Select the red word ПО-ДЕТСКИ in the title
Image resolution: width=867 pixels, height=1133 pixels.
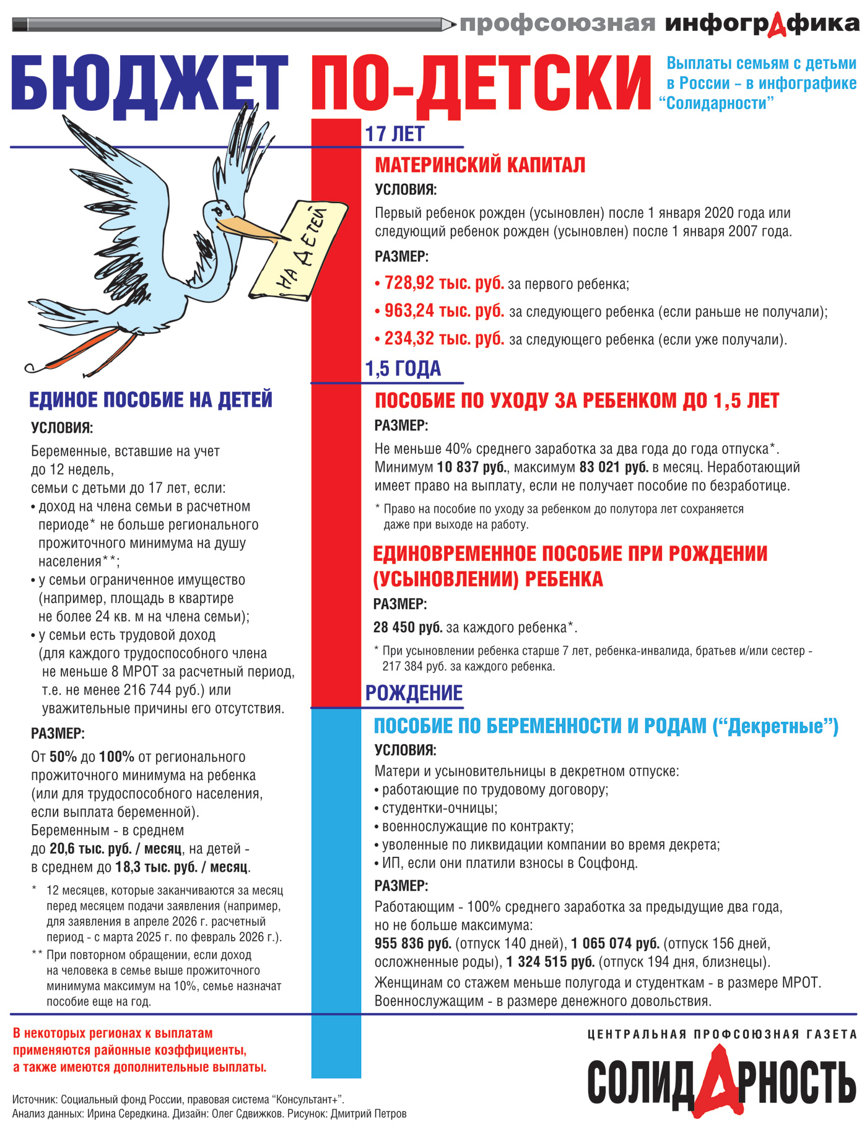point(481,84)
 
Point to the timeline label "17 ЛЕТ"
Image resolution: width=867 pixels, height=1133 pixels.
point(394,134)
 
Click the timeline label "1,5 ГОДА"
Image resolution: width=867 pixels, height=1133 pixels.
point(403,368)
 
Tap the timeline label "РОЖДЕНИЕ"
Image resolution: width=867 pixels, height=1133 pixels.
point(414,693)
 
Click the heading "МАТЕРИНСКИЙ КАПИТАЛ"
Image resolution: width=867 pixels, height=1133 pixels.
point(480,165)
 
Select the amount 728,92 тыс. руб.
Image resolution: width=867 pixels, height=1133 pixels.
point(444,283)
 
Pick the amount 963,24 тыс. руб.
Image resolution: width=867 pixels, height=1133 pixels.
point(444,311)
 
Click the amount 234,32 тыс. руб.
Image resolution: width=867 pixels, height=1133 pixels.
point(444,339)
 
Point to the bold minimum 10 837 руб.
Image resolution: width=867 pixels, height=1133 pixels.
point(473,467)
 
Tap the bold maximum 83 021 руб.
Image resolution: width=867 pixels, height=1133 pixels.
point(614,467)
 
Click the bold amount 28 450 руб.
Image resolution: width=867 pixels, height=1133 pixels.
point(407,627)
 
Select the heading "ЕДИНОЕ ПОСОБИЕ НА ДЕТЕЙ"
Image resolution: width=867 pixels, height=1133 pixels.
point(150,400)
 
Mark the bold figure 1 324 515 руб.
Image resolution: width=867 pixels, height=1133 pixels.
point(551,962)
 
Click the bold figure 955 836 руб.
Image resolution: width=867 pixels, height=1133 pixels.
point(413,943)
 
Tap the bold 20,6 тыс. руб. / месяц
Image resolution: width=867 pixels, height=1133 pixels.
point(115,848)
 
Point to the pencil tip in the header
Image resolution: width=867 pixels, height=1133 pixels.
point(451,25)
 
